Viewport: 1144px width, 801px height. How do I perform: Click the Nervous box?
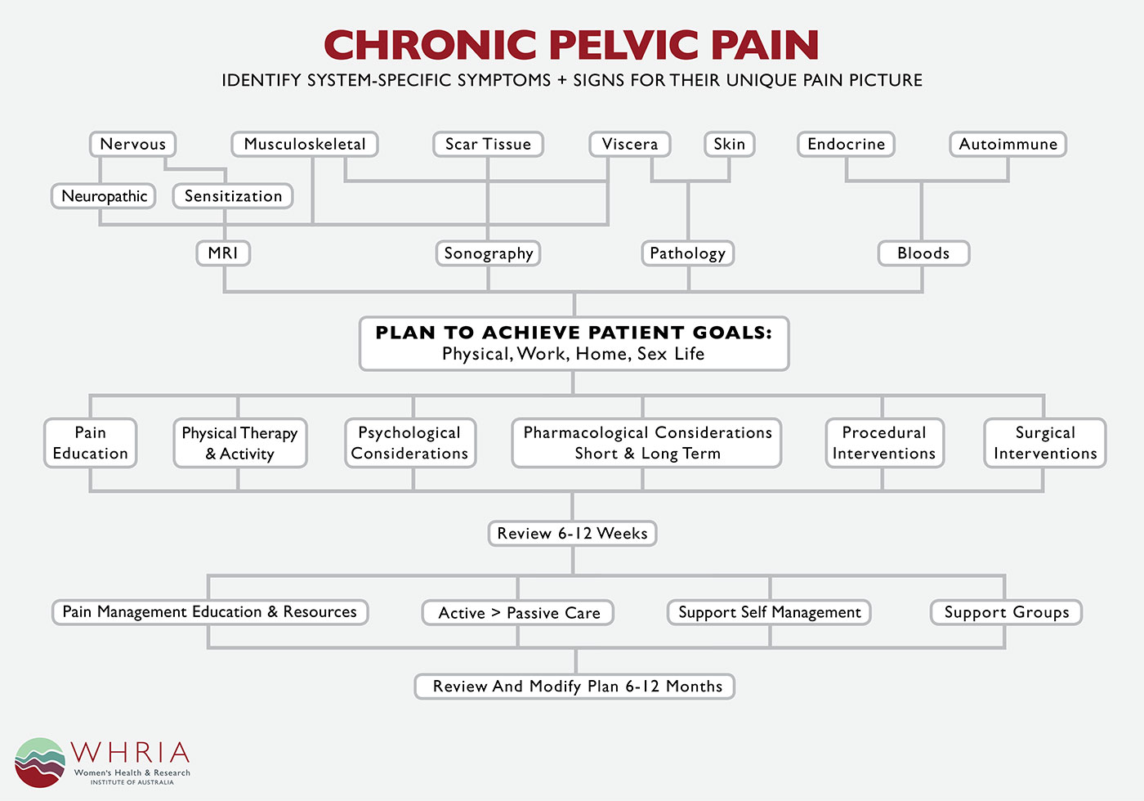pos(132,144)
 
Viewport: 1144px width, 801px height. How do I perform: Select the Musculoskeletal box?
pos(305,144)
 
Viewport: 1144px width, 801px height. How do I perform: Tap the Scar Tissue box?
pos(489,144)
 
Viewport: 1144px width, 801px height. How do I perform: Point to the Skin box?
pos(729,144)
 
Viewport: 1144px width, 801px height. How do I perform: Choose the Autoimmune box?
pos(1008,144)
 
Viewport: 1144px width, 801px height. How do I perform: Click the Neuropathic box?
pos(104,196)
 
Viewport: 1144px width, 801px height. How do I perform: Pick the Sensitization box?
pos(233,196)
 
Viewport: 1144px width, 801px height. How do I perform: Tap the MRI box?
pos(223,253)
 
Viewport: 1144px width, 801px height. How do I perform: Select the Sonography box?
pos(489,253)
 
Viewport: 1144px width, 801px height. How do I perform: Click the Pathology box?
pos(688,253)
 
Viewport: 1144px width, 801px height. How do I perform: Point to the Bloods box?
pos(924,253)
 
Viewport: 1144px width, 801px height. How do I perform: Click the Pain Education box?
pos(91,443)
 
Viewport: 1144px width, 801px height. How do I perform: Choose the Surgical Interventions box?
pos(1045,443)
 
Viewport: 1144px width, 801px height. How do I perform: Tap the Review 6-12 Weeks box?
pos(573,533)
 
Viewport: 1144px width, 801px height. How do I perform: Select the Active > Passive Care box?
pos(518,612)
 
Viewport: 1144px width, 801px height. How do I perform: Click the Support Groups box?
pos(1006,612)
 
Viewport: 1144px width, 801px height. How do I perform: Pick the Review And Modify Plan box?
pos(574,686)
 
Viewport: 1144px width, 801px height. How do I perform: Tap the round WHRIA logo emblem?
pos(40,762)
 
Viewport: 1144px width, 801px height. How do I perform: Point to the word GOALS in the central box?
pos(732,333)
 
